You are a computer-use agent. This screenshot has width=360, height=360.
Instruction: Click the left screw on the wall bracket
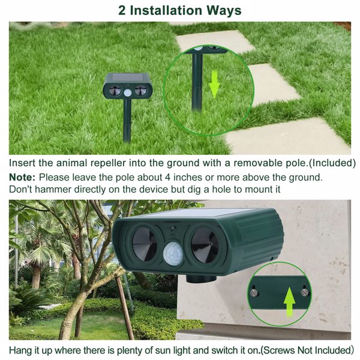pos(254,293)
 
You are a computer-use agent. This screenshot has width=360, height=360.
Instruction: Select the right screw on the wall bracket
pos(305,292)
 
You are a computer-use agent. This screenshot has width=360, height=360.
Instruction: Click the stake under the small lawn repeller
pos(127,123)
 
